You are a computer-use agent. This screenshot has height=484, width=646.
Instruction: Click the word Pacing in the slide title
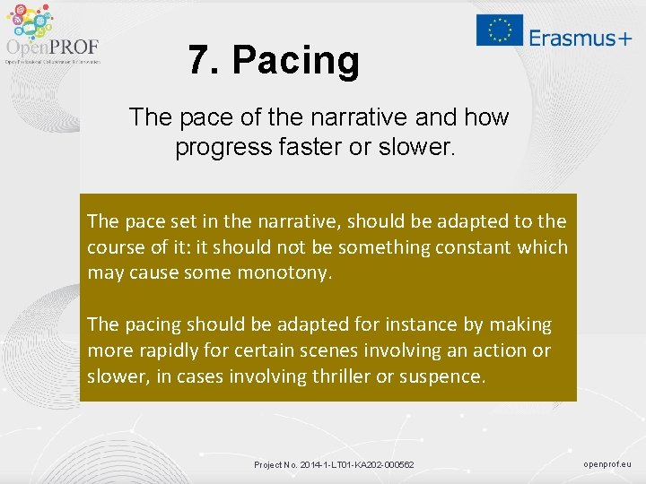295,61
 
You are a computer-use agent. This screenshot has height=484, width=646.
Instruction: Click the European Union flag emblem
499,30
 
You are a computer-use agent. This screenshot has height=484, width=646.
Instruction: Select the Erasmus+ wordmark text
580,38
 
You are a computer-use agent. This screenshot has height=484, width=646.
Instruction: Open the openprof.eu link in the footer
607,463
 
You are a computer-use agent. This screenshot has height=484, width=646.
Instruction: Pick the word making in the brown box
519,324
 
